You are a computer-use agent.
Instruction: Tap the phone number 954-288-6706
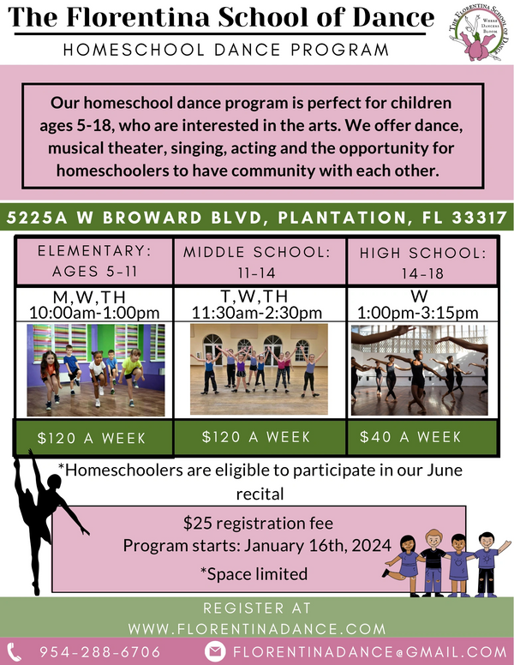(x=99, y=651)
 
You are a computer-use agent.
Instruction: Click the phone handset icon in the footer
(x=15, y=651)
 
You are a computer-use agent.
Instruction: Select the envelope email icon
(x=216, y=651)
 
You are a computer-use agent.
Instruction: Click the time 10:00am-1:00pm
(x=94, y=312)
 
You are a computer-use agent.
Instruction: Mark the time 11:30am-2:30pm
(x=257, y=312)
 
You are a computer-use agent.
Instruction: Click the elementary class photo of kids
(x=95, y=369)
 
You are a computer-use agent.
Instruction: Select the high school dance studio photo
(x=419, y=369)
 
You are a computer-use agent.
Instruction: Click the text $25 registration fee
(x=258, y=522)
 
